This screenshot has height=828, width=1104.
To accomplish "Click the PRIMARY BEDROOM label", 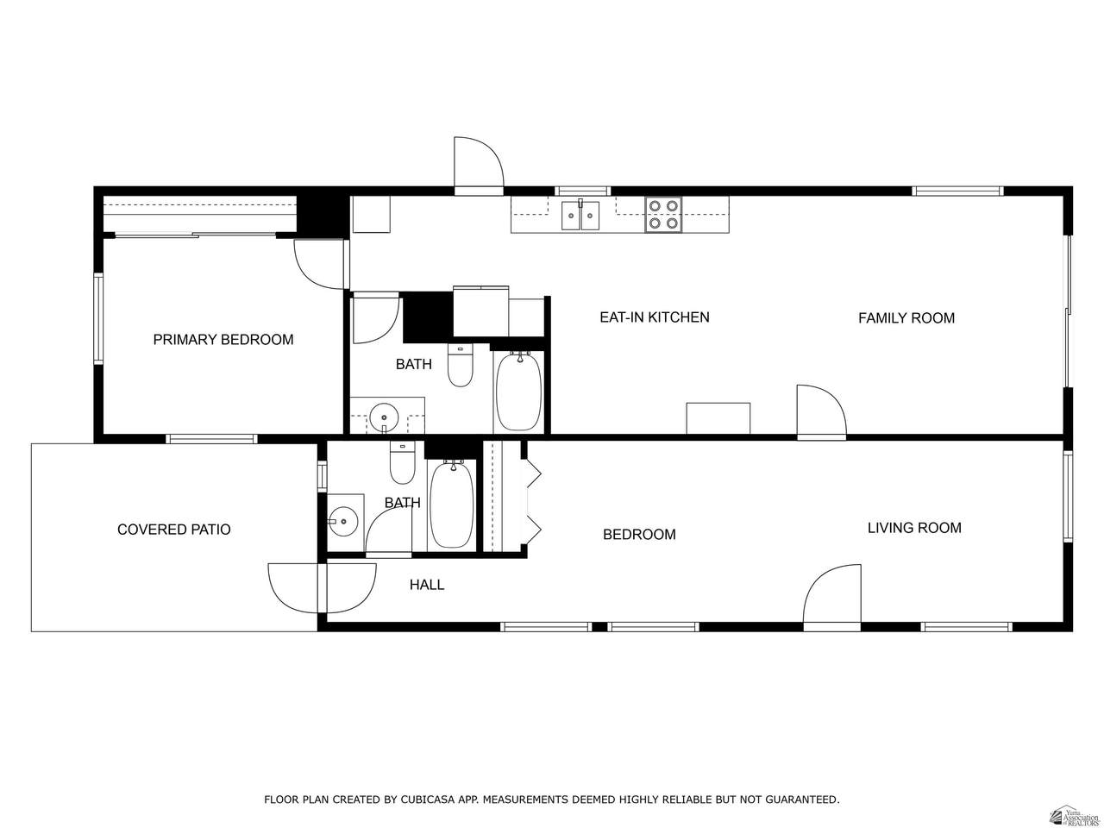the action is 223,340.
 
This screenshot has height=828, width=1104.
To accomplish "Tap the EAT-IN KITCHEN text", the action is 655,317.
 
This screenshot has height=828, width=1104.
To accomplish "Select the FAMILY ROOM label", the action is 906,318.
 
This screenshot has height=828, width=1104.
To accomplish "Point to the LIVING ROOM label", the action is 914,528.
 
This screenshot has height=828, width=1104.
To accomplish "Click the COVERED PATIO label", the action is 173,530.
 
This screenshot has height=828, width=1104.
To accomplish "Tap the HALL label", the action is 427,585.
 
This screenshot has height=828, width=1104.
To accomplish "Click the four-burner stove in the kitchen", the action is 663,215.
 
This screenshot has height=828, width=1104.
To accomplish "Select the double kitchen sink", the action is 581,215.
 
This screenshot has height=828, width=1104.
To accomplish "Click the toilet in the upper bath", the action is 460,366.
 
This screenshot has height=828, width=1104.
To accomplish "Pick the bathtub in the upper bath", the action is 518,392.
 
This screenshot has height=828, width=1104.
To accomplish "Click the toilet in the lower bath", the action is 403,463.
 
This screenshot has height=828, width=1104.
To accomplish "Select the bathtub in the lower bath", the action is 452,505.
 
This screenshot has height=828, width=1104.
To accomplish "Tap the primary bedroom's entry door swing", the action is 319,265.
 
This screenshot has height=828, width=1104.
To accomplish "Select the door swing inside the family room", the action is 821,410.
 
